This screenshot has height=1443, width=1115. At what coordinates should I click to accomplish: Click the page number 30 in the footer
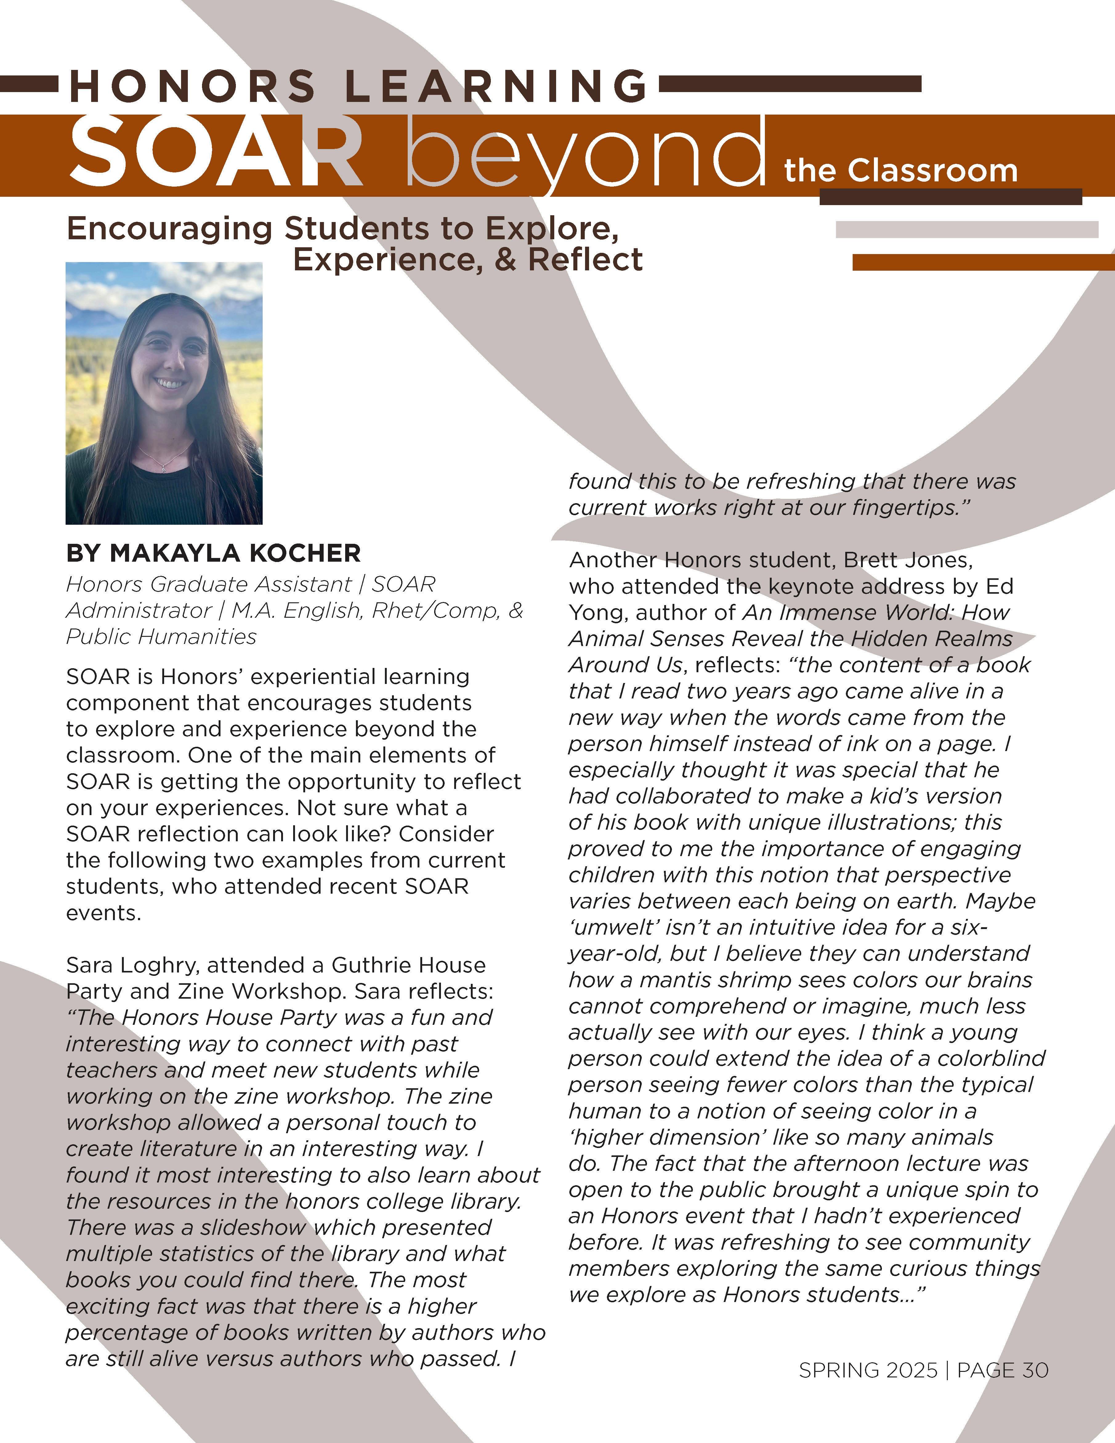(x=1035, y=1370)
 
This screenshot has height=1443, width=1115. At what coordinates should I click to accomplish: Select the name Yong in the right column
(x=598, y=612)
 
